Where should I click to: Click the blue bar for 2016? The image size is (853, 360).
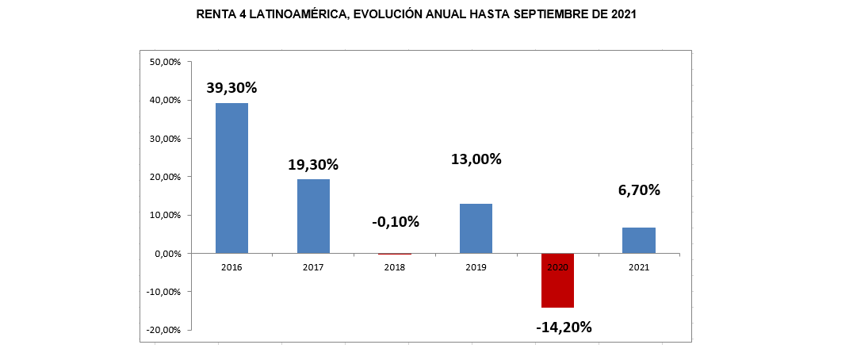coord(231,178)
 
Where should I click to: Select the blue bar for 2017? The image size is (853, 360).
coord(313,216)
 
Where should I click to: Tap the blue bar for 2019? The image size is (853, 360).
coord(476,228)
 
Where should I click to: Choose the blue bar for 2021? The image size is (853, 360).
coord(638,240)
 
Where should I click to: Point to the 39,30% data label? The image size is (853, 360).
coord(231,88)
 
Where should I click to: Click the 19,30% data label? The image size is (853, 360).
coord(313,165)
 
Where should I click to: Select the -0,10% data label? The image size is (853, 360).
coord(395,221)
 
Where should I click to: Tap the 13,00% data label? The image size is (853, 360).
coord(476,159)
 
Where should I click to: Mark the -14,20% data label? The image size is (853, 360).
coord(563,326)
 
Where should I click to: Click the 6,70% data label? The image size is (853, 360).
coord(638,190)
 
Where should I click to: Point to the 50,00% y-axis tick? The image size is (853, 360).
coord(166,62)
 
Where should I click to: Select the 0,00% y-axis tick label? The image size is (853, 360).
coord(168,254)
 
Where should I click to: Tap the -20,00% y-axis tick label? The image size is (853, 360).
coord(164,330)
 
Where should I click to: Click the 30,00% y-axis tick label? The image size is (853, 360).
coord(166,139)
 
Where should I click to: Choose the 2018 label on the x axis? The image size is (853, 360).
coord(395,267)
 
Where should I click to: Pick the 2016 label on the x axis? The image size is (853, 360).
coord(231,267)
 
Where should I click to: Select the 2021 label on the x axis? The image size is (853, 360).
coord(638,267)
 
